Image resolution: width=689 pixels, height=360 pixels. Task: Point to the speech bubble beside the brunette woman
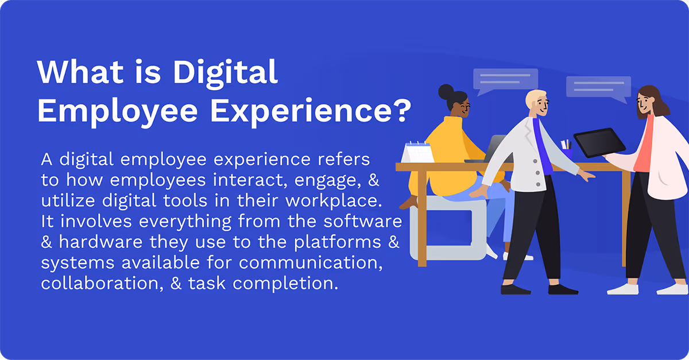click(x=598, y=87)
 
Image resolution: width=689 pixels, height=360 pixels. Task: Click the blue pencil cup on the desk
click(x=567, y=153)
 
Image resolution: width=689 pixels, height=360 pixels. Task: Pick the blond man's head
click(x=536, y=103)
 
